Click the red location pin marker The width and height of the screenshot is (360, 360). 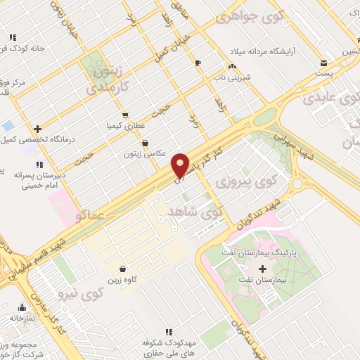pos(181,165)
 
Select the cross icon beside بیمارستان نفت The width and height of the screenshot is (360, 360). pos(263,269)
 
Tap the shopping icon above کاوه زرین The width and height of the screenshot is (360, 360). pos(123,269)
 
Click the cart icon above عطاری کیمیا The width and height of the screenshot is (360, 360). pos(125,115)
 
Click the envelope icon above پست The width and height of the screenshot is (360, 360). pos(323,62)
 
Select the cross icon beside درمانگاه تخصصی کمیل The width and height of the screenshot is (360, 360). pos(38,129)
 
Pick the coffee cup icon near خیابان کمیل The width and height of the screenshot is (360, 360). pos(198,63)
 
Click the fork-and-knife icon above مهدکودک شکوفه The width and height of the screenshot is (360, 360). pos(168,331)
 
